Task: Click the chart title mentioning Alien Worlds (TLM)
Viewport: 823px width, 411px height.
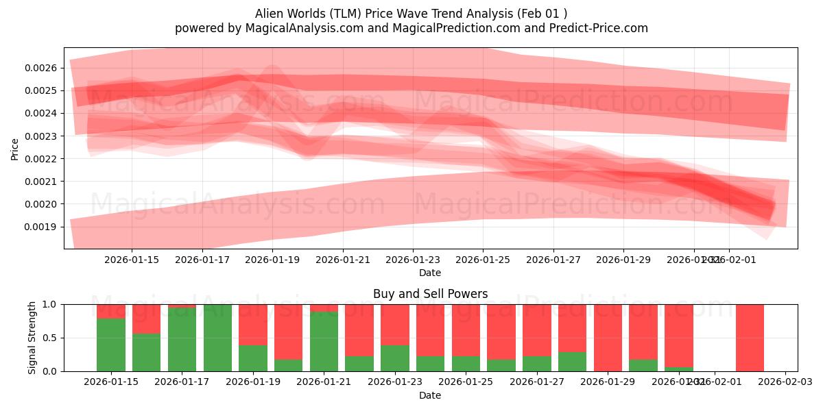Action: pos(411,13)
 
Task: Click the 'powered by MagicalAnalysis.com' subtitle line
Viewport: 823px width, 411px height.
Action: pos(411,28)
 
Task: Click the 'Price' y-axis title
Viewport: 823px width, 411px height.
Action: pos(15,149)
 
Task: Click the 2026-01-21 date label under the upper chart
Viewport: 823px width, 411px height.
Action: pos(342,260)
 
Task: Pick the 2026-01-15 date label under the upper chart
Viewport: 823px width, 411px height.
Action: pos(132,260)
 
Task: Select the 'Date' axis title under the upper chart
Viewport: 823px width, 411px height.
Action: pos(430,273)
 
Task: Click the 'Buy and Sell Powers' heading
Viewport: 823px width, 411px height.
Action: pos(430,294)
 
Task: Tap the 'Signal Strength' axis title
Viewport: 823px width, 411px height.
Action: pos(32,338)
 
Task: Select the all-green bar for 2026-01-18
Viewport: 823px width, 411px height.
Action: pos(217,338)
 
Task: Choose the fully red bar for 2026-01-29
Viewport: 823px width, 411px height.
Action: pos(608,338)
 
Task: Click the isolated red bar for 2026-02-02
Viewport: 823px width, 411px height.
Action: pos(750,338)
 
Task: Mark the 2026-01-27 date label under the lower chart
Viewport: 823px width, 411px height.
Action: pos(537,382)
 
